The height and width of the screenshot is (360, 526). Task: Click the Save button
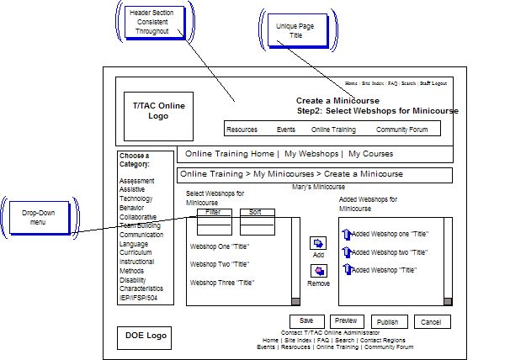[x=306, y=321]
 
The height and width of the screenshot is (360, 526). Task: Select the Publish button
[x=387, y=322]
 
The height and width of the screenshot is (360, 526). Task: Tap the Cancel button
[x=432, y=322]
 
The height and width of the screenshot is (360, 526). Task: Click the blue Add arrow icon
[x=318, y=243]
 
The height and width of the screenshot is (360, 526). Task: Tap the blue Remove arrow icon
[x=318, y=271]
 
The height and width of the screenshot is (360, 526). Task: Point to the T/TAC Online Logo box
[x=158, y=111]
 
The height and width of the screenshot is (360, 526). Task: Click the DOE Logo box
[x=146, y=336]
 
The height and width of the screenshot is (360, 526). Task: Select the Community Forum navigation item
[x=401, y=130]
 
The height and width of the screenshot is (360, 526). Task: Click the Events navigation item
[x=286, y=130]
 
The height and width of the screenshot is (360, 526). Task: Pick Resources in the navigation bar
[x=242, y=130]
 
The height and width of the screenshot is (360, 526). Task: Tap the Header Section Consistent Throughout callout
[x=149, y=22]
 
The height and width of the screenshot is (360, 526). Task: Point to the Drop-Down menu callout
[x=38, y=216]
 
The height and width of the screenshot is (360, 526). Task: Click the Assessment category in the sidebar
[x=136, y=181]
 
